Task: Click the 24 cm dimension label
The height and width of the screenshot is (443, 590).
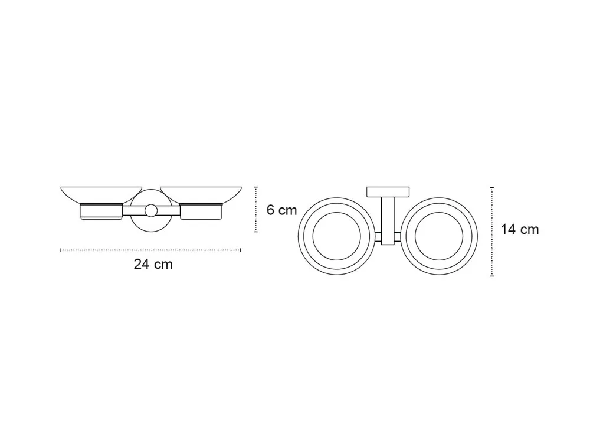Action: click(x=153, y=265)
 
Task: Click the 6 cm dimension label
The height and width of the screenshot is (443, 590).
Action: click(x=282, y=210)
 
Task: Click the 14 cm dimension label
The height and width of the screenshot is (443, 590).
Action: click(x=520, y=229)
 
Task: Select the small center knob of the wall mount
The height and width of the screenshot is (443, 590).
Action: click(x=151, y=211)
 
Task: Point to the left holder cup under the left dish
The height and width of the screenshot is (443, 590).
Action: click(x=101, y=211)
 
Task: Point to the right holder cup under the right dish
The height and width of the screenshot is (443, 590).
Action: click(x=201, y=211)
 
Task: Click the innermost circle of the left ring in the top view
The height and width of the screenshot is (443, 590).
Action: click(x=337, y=213)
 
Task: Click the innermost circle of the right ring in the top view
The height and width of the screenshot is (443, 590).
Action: click(x=439, y=213)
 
